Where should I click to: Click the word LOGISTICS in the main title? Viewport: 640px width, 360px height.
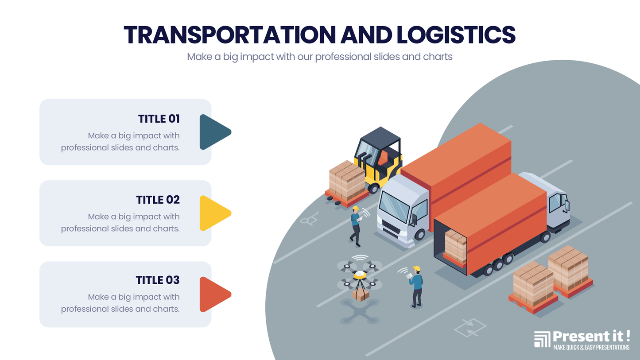click(x=456, y=35)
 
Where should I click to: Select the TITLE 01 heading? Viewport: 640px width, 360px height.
click(x=159, y=119)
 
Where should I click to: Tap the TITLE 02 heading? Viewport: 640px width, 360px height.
click(x=158, y=200)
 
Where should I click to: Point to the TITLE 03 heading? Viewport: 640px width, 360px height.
click(x=158, y=280)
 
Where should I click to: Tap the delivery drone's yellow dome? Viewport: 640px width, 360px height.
click(x=360, y=275)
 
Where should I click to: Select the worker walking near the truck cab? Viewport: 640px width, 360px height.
click(x=356, y=226)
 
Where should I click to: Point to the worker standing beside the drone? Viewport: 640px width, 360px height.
click(x=416, y=286)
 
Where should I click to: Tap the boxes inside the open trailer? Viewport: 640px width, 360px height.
click(x=455, y=246)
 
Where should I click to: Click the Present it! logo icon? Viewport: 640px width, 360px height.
click(x=542, y=339)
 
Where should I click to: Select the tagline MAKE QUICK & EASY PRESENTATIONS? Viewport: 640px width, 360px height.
click(x=591, y=348)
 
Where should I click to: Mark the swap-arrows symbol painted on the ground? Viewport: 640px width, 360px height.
click(x=470, y=327)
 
